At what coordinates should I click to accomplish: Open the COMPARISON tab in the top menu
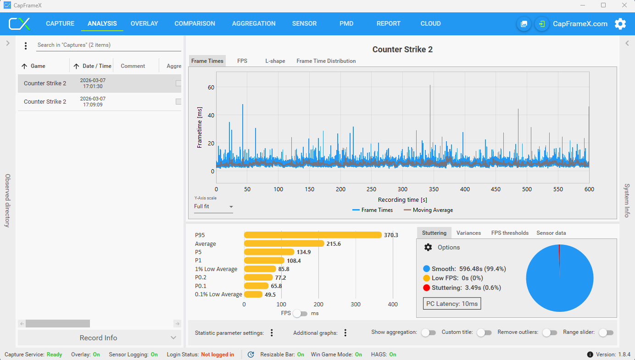point(195,23)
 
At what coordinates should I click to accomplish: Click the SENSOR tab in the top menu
point(304,23)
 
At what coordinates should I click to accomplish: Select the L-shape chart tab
point(275,61)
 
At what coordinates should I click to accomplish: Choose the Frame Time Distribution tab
point(326,61)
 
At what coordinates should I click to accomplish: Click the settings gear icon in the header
point(620,24)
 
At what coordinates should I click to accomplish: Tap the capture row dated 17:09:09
point(99,101)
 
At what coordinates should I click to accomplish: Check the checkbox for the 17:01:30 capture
point(178,83)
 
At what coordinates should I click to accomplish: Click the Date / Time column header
point(92,66)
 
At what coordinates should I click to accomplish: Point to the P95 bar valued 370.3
point(312,235)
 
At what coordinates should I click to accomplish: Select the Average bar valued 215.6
point(284,244)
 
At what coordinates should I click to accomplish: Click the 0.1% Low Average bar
point(253,294)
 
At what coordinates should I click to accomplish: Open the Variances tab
point(468,233)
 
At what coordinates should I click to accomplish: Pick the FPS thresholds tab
point(510,233)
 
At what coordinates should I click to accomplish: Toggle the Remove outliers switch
point(550,332)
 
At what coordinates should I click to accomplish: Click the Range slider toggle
point(607,332)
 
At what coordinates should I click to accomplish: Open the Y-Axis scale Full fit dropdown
point(213,206)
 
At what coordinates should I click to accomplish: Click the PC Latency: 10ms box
point(452,304)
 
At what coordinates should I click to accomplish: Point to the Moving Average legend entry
point(428,210)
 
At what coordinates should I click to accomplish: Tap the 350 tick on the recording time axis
point(434,189)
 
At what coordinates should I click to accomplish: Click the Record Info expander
point(99,338)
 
